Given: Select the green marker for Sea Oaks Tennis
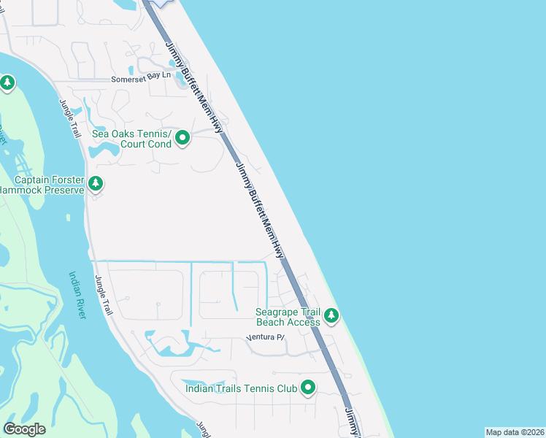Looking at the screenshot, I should coord(182,137).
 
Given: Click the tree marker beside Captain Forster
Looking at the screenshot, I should coord(96,183).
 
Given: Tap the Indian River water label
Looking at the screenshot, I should coord(77,295).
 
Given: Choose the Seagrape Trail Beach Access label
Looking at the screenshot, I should coord(288,317).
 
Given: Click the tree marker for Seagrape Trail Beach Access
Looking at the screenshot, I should coord(331,315).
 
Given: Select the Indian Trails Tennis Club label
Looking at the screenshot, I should coord(242,388).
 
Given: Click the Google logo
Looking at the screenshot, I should coord(24,429).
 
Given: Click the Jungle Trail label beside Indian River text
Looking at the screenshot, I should coord(105,295).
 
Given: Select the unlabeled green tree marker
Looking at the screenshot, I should coord(7,82).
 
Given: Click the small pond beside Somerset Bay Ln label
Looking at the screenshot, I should coord(180,81).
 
